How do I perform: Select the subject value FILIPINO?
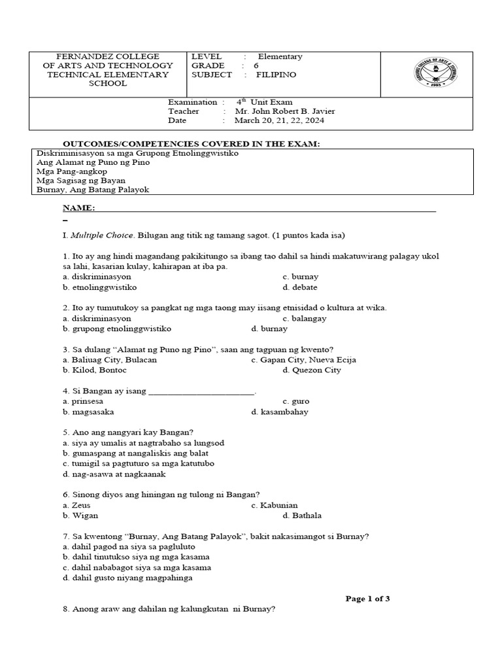pos(276,75)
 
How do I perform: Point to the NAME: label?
pos(78,208)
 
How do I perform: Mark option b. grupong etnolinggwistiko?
pos(117,328)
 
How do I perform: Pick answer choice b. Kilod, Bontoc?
pos(94,370)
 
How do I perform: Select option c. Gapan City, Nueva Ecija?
pos(303,360)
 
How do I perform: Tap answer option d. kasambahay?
pos(279,412)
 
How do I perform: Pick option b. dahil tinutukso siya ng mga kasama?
pos(136,557)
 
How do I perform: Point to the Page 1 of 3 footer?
pos(367,598)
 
